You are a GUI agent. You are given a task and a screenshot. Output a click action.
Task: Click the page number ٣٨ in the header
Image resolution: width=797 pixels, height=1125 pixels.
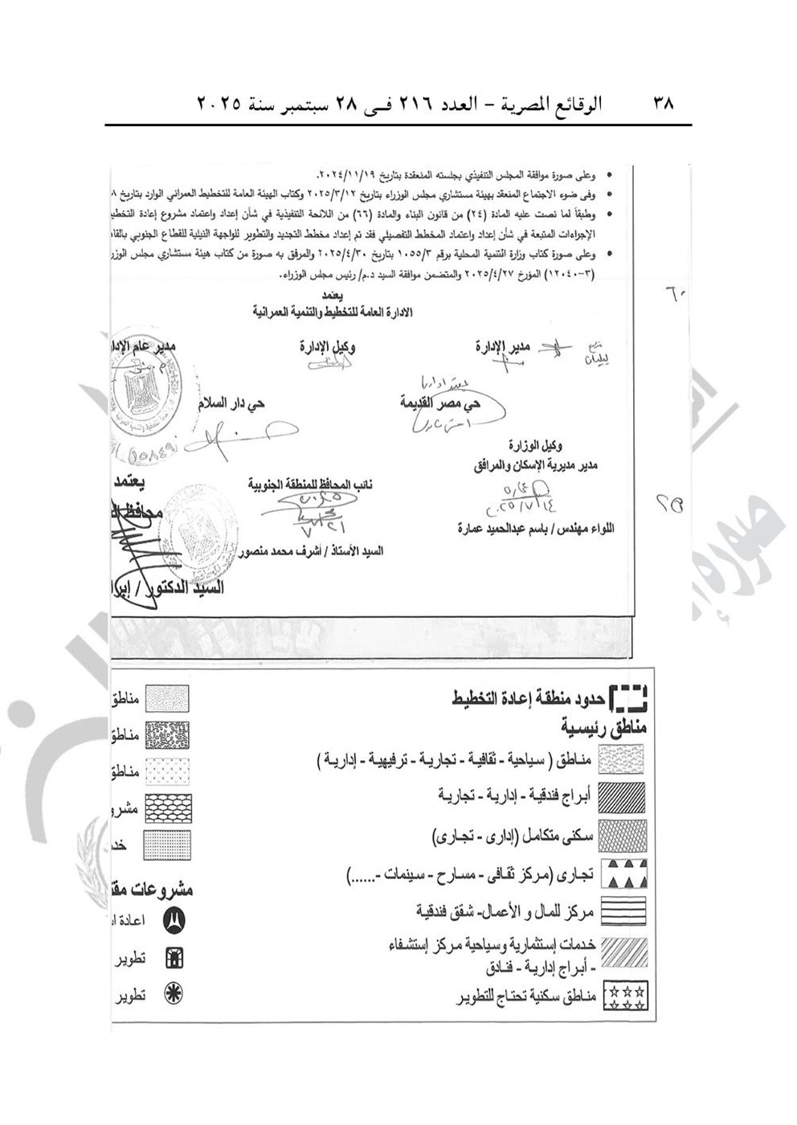[x=663, y=104]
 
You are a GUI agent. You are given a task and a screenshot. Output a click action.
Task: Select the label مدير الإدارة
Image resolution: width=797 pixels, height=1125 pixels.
[x=502, y=347]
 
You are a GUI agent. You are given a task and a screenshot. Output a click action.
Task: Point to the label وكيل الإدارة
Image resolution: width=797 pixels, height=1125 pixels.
[x=328, y=347]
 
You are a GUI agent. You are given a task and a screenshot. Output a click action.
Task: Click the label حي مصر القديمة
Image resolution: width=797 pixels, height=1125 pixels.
[x=440, y=404]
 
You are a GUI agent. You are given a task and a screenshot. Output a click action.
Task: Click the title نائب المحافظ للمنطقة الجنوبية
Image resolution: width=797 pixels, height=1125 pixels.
[x=311, y=485]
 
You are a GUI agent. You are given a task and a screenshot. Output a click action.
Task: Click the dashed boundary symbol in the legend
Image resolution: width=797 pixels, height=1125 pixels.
[x=628, y=698]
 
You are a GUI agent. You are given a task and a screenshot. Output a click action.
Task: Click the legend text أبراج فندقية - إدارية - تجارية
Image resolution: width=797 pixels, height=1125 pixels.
[x=514, y=794]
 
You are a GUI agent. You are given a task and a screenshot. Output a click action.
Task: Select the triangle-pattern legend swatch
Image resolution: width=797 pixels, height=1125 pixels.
[x=624, y=873]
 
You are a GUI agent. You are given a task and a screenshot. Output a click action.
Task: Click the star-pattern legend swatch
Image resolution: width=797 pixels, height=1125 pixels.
[x=624, y=996]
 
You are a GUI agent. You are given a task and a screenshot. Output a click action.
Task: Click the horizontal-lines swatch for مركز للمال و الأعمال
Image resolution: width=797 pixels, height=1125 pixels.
[x=624, y=912]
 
